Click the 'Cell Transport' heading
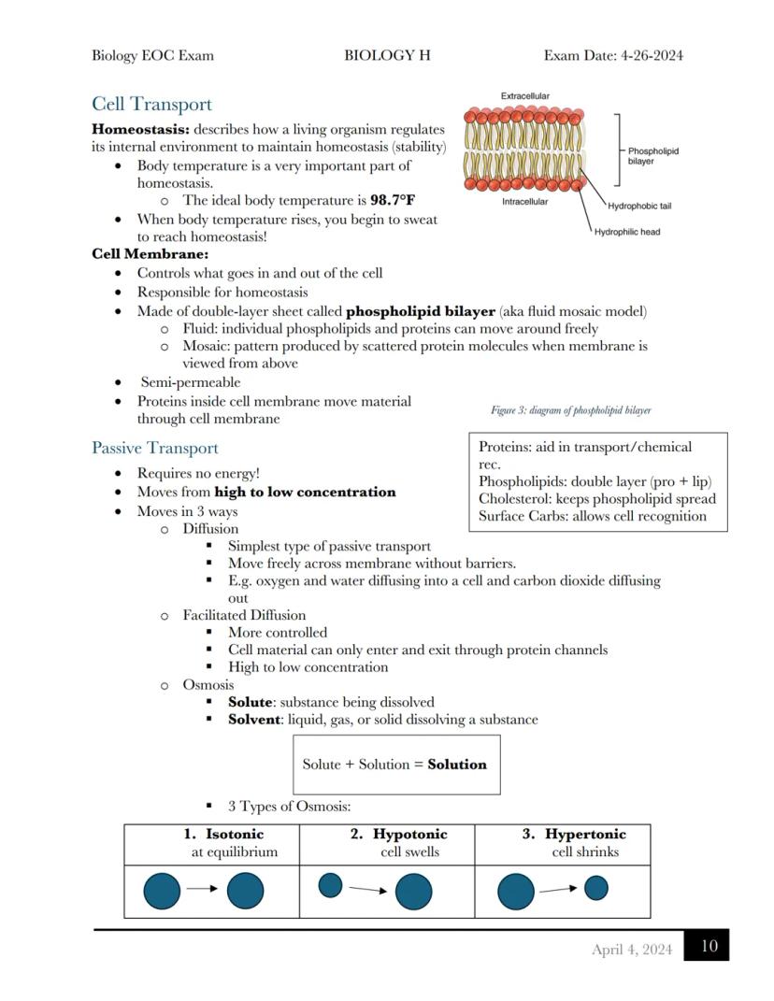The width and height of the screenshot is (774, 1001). pyautogui.click(x=151, y=105)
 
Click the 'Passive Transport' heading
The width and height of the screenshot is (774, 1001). pyautogui.click(x=155, y=449)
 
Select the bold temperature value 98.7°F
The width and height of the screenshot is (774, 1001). pyautogui.click(x=393, y=200)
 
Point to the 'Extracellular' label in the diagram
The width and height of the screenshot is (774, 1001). pyautogui.click(x=525, y=96)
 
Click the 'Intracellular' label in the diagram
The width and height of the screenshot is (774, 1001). pyautogui.click(x=525, y=202)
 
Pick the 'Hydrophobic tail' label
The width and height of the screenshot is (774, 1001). pyautogui.click(x=639, y=207)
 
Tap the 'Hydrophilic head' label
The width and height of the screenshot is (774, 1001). pyautogui.click(x=627, y=232)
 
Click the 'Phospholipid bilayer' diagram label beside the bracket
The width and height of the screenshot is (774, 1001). pyautogui.click(x=652, y=156)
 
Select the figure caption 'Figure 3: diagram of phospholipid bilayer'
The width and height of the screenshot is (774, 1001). pyautogui.click(x=571, y=410)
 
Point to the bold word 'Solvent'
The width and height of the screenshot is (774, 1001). pyautogui.click(x=254, y=720)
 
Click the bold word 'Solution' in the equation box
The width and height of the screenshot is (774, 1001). pyautogui.click(x=457, y=765)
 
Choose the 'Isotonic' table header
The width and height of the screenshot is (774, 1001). pyautogui.click(x=235, y=835)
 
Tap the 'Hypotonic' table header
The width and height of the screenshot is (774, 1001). pyautogui.click(x=410, y=835)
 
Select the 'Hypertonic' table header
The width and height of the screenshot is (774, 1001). pyautogui.click(x=585, y=835)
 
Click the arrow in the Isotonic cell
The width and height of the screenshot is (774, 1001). pyautogui.click(x=202, y=890)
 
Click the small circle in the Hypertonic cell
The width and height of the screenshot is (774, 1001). pyautogui.click(x=596, y=888)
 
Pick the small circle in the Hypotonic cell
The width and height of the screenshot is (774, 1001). pyautogui.click(x=331, y=885)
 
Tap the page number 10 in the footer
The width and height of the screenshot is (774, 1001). pyautogui.click(x=709, y=946)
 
